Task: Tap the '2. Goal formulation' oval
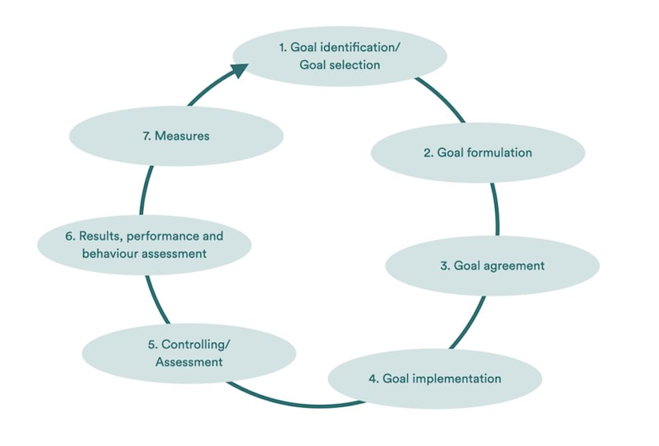pyautogui.click(x=478, y=153)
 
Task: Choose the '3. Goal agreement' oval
pyautogui.click(x=492, y=265)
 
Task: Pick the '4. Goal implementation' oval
pyautogui.click(x=434, y=378)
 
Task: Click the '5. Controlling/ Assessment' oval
pyautogui.click(x=189, y=353)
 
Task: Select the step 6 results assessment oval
pyautogui.click(x=144, y=244)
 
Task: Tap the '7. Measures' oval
pyautogui.click(x=176, y=136)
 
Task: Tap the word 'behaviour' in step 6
pyautogui.click(x=110, y=253)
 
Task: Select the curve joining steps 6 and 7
pyautogui.click(x=146, y=189)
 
